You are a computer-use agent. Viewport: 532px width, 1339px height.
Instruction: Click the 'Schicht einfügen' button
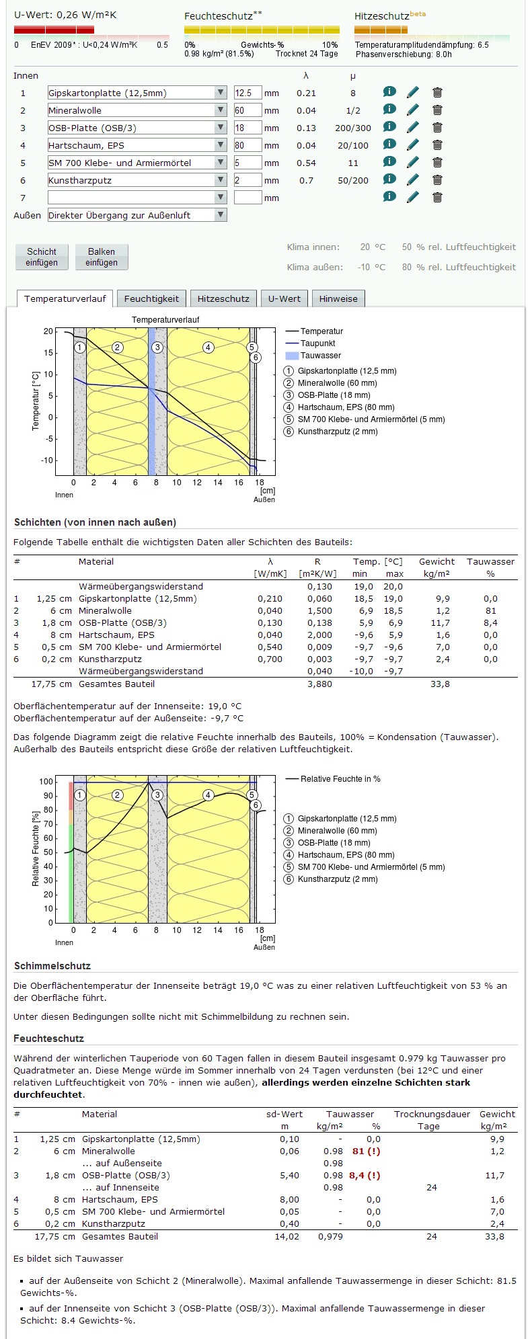point(42,257)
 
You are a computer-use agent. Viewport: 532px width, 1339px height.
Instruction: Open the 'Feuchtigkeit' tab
point(151,298)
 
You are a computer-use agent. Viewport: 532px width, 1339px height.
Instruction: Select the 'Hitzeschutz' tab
point(223,298)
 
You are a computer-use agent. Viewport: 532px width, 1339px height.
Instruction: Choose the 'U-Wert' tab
point(284,298)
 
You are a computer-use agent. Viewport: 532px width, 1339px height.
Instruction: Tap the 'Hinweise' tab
point(338,298)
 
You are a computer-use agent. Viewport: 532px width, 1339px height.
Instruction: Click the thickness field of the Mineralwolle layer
point(248,110)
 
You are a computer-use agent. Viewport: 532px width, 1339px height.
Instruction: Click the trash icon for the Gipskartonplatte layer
point(437,93)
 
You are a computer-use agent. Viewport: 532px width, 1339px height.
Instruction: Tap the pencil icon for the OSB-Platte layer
point(413,128)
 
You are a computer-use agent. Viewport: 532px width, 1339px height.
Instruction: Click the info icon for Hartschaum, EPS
point(389,145)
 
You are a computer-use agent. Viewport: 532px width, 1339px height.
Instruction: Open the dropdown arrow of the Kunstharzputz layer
point(221,180)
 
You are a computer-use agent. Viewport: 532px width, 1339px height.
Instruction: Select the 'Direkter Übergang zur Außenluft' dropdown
point(137,215)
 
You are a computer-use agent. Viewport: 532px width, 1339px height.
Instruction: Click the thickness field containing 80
point(248,145)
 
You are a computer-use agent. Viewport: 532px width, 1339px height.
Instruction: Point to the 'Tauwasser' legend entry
point(320,356)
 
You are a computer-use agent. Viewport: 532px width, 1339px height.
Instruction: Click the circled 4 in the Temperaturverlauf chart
point(208,348)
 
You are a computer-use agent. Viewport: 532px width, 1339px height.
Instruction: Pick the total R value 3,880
point(319,684)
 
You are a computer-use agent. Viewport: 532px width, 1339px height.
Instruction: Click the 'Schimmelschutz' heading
point(52,966)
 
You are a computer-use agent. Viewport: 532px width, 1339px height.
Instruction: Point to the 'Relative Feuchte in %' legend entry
point(340,779)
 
